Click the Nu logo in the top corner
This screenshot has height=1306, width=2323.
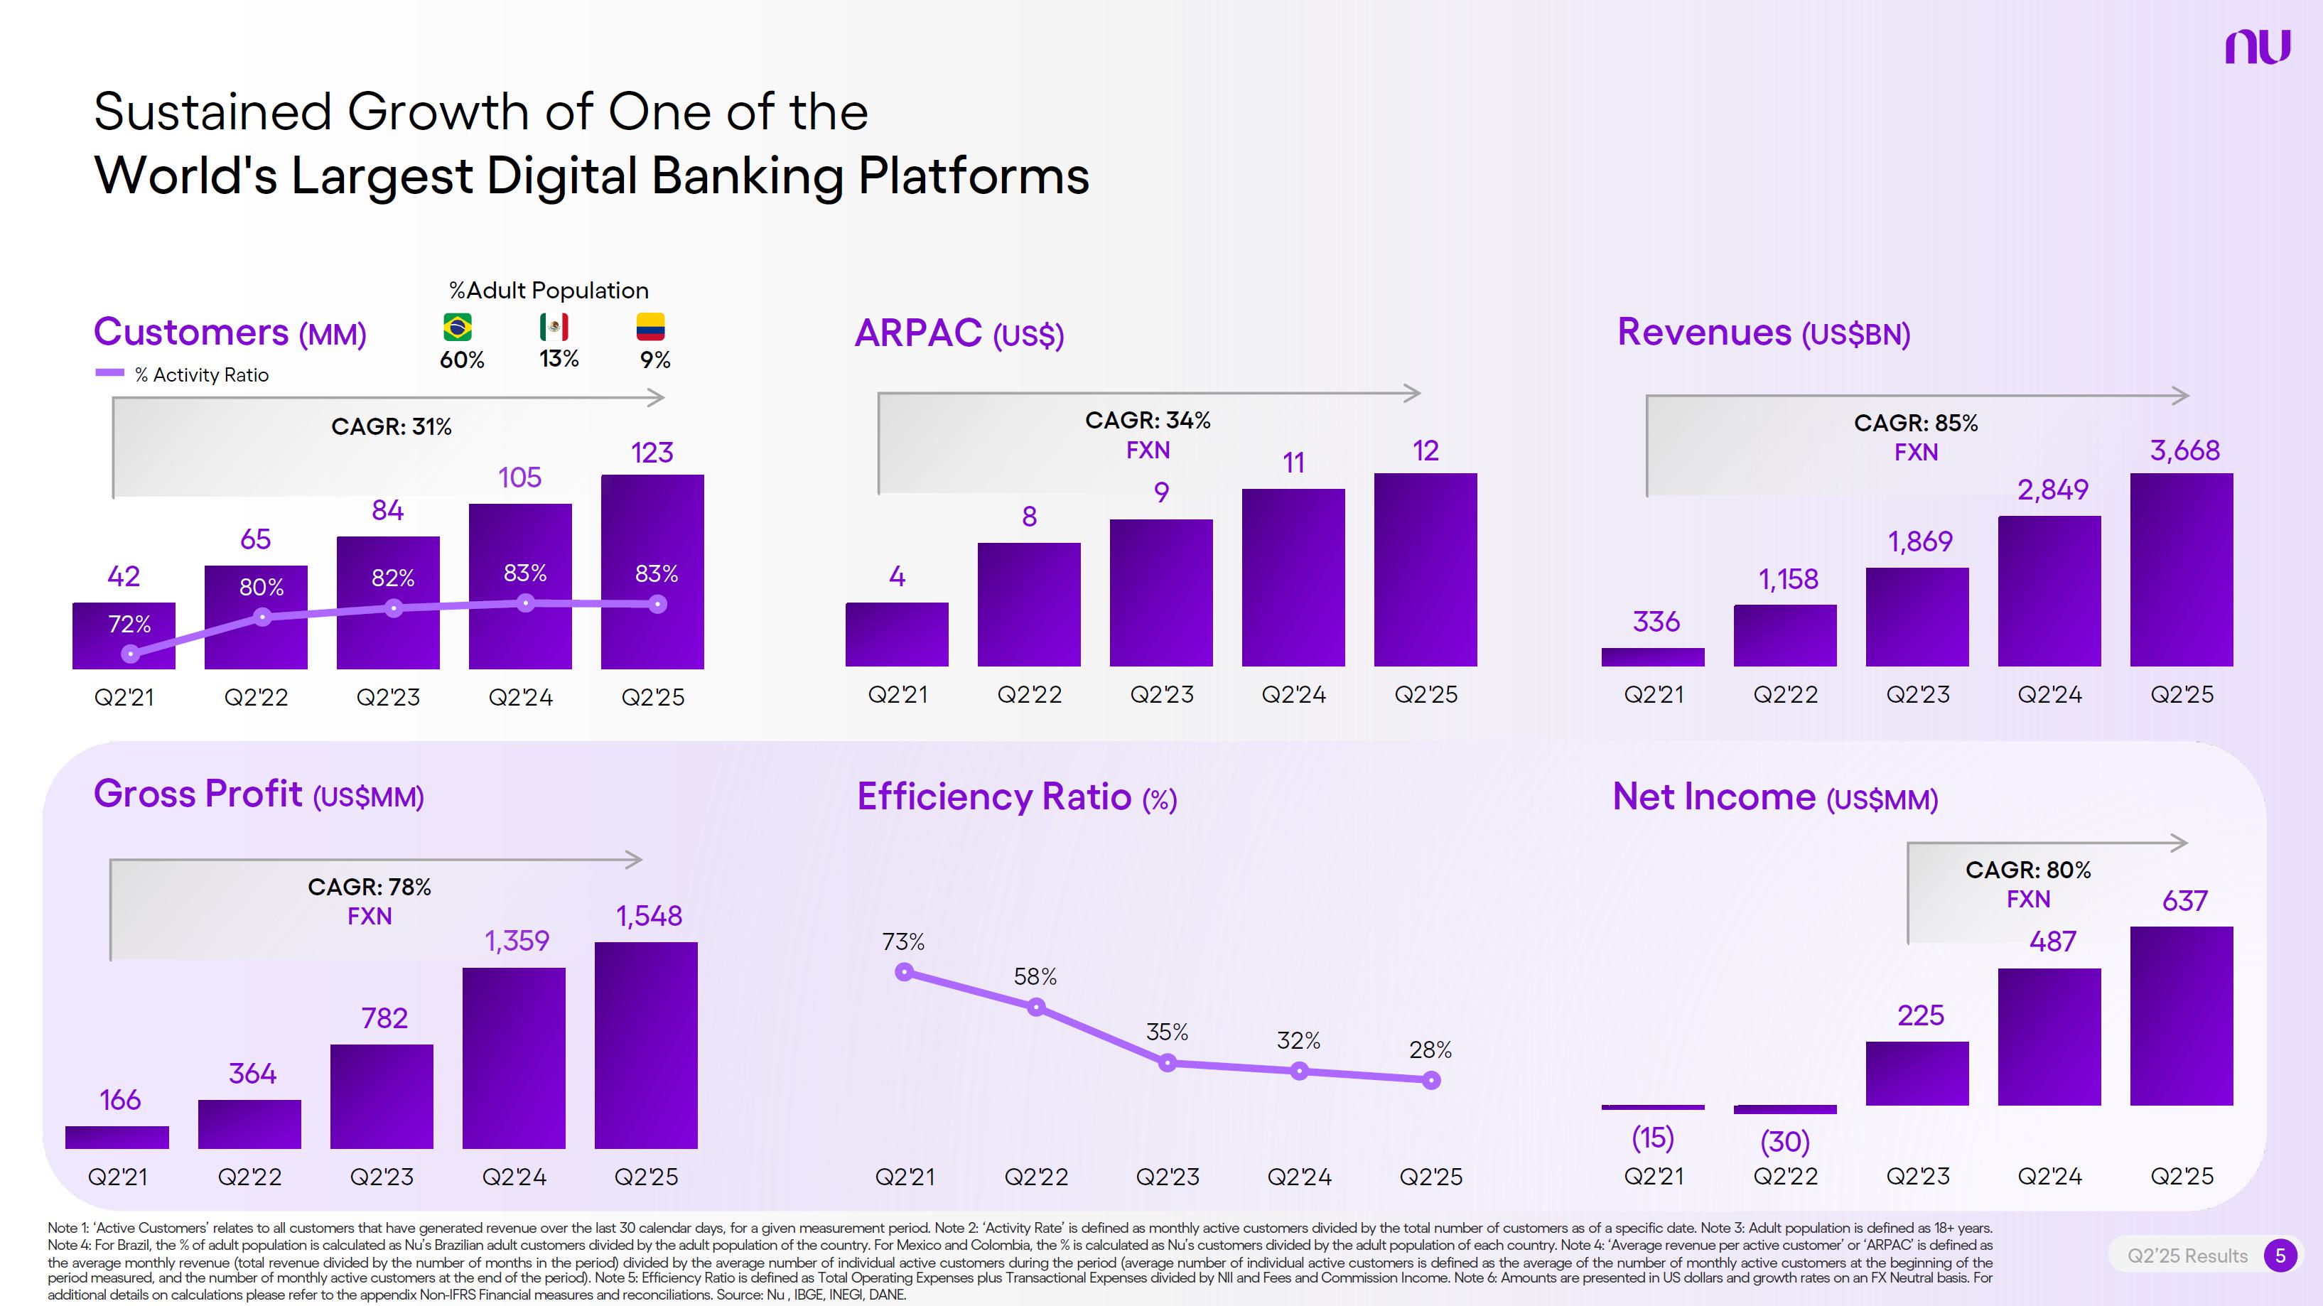(2257, 47)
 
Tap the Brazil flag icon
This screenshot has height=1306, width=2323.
(458, 327)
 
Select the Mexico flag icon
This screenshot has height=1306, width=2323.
(554, 327)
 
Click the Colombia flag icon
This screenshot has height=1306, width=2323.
(650, 327)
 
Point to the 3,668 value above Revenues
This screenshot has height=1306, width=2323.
(2184, 450)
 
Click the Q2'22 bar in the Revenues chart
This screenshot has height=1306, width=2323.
(1784, 636)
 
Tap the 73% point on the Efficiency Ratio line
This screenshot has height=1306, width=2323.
(905, 972)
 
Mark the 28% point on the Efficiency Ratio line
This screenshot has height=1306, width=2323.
(1431, 1079)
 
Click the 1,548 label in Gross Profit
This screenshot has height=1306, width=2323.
(648, 917)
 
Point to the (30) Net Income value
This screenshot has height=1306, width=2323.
(1784, 1142)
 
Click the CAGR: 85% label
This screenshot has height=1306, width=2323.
(1915, 423)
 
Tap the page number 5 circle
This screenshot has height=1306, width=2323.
(2280, 1256)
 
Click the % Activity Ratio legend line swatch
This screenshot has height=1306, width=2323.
(110, 372)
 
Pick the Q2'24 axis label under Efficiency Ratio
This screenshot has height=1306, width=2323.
(1298, 1177)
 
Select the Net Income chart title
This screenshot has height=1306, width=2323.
(1774, 797)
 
